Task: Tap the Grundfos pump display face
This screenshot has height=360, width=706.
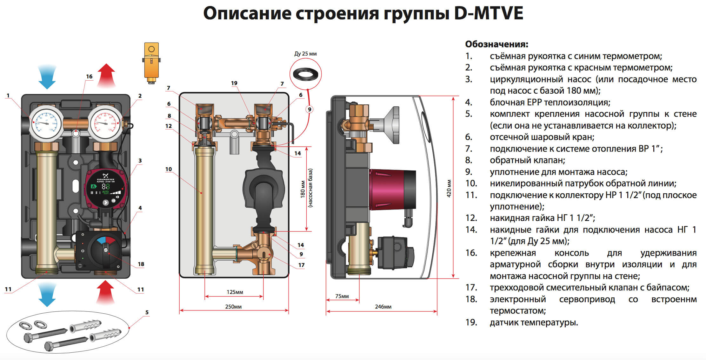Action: coord(104,189)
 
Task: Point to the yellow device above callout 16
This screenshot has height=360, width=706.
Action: coord(151,62)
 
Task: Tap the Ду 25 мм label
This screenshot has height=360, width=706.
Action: coord(305,54)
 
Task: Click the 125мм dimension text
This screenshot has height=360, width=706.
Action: coord(235,292)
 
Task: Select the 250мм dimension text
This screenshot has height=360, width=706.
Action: coord(233,307)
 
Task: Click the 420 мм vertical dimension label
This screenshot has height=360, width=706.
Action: coord(449,189)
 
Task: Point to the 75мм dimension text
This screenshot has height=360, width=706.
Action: coord(342,296)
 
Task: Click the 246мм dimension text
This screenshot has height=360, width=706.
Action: coord(383,307)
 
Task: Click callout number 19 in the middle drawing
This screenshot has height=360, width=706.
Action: coord(234,83)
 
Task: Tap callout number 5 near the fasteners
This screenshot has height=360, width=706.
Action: coord(147,312)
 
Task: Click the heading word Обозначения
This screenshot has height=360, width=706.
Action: coord(496,44)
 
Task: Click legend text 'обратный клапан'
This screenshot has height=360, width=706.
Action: coord(527,160)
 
